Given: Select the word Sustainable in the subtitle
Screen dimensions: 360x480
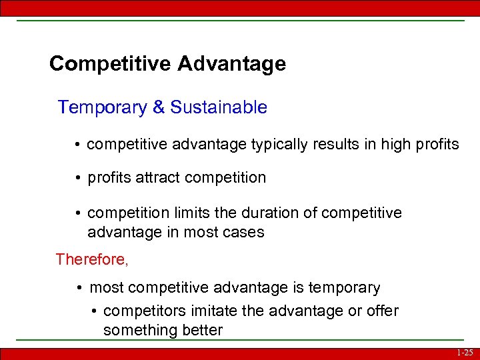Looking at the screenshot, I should click(x=219, y=107).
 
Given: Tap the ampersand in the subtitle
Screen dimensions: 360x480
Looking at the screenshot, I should click(x=158, y=107).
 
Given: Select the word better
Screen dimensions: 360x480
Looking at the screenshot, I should click(x=200, y=331).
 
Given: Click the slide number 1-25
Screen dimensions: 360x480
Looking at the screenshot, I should click(x=465, y=353).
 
